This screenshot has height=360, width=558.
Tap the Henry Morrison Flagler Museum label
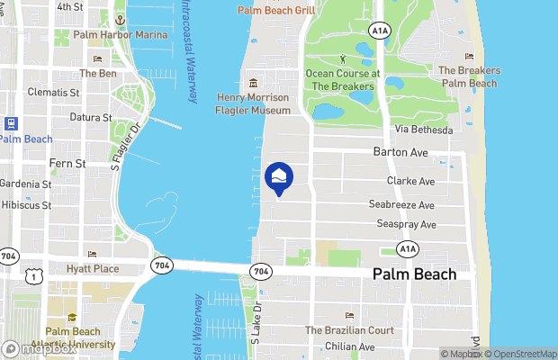point(254,103)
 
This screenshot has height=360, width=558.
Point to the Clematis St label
point(57,92)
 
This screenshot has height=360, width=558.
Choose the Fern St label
point(67,164)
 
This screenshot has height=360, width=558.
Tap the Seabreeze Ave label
point(402,204)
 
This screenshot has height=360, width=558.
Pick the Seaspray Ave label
point(407,224)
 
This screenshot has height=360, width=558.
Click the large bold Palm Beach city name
point(414,274)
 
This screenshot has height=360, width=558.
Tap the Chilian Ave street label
point(349,346)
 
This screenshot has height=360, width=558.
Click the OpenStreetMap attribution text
point(521,354)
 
